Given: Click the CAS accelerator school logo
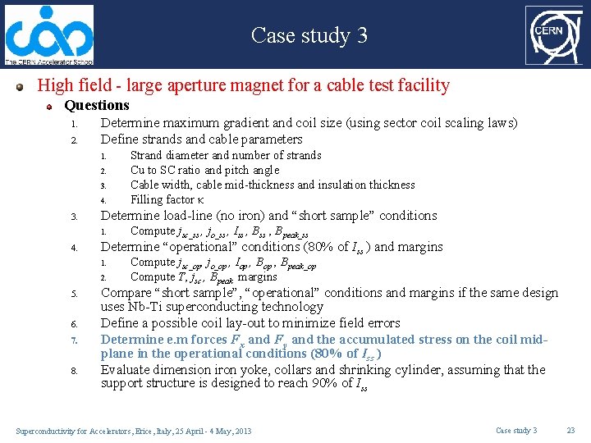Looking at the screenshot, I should pyautogui.click(x=49, y=34).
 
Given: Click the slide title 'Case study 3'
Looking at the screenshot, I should pyautogui.click(x=309, y=35).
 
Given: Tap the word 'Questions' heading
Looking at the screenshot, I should pyautogui.click(x=97, y=105).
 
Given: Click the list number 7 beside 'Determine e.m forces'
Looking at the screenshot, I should pyautogui.click(x=73, y=340).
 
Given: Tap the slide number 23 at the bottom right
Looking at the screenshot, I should pyautogui.click(x=570, y=431).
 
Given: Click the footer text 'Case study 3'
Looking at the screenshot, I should pyautogui.click(x=516, y=431).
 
